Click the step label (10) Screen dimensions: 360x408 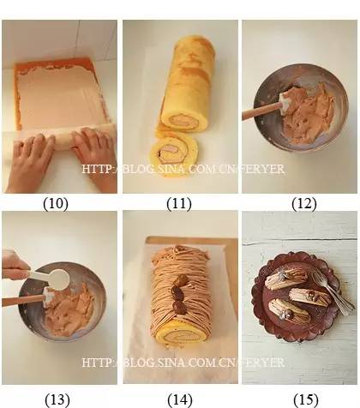(x=56, y=203)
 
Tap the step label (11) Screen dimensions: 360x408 (x=179, y=203)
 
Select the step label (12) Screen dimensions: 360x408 (x=304, y=203)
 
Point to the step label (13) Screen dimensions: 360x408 (x=57, y=399)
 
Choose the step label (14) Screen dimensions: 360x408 (x=180, y=399)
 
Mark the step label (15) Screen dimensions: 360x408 (x=306, y=399)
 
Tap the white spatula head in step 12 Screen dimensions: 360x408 (x=285, y=102)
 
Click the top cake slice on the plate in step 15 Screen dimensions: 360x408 (x=286, y=278)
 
